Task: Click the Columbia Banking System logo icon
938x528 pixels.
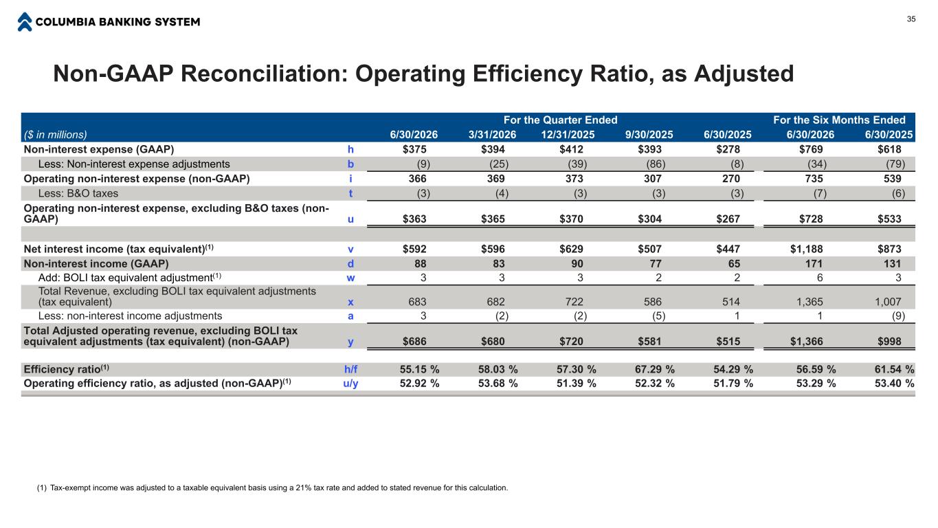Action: click(x=25, y=22)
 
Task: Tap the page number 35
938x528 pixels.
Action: click(x=911, y=19)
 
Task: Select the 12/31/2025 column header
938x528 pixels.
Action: click(x=568, y=135)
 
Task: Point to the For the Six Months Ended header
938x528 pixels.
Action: click(x=839, y=120)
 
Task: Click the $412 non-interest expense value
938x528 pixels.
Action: click(x=571, y=149)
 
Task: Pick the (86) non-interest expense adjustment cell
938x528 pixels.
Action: click(x=656, y=164)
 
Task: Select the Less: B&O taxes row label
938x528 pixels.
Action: click(x=78, y=193)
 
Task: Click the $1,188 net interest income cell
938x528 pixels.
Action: click(x=806, y=249)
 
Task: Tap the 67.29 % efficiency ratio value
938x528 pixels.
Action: click(x=654, y=369)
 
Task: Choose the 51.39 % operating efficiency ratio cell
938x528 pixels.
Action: click(x=576, y=384)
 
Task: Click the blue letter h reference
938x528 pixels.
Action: click(x=350, y=149)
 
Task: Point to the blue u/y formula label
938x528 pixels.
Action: click(x=350, y=384)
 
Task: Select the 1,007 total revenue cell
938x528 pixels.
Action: click(x=888, y=302)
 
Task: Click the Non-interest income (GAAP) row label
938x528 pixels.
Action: click(x=96, y=263)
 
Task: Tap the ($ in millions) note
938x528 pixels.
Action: click(x=55, y=135)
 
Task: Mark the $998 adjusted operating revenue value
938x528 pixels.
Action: click(x=889, y=342)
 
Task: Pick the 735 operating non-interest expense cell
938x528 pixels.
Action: click(x=814, y=179)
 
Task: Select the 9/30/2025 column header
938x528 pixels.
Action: click(x=649, y=135)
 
